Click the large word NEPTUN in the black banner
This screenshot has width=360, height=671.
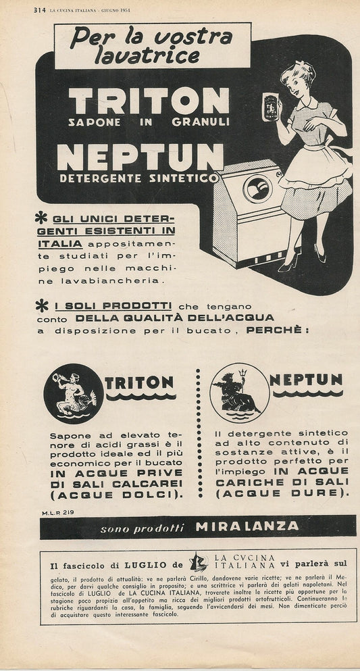point(140,157)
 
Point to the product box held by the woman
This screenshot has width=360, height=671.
point(270,106)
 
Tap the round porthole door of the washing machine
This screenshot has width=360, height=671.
point(257,189)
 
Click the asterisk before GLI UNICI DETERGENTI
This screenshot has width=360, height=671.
point(42,218)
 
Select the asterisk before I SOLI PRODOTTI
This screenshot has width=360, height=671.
point(42,306)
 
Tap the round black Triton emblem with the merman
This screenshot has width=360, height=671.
point(73,393)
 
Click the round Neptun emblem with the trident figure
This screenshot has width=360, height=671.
point(239,393)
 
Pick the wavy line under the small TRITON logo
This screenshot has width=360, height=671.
point(140,397)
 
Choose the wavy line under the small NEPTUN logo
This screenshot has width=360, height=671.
point(306,393)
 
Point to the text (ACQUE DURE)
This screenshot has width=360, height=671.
point(282,493)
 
